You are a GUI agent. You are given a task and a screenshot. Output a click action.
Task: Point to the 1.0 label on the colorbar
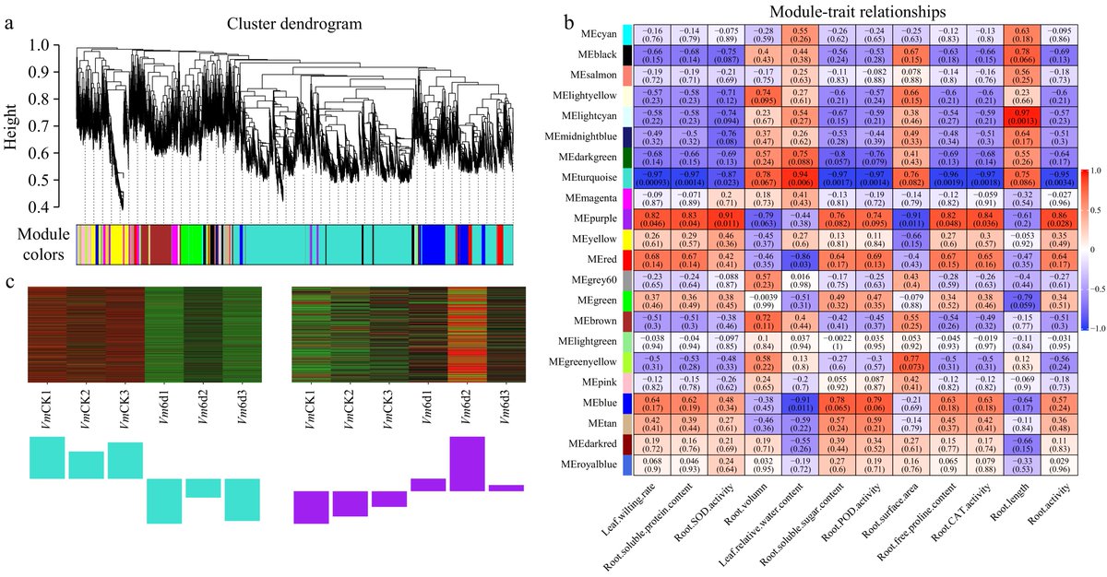tap(1096, 170)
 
